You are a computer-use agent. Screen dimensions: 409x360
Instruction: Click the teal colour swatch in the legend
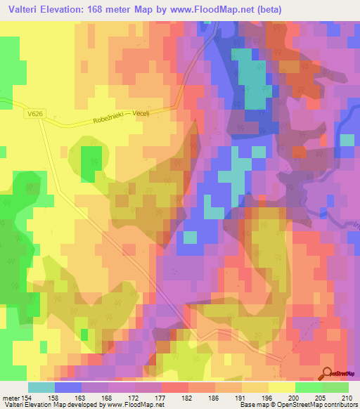(41, 387)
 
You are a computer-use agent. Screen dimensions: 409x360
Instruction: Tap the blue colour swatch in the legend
(67, 387)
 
